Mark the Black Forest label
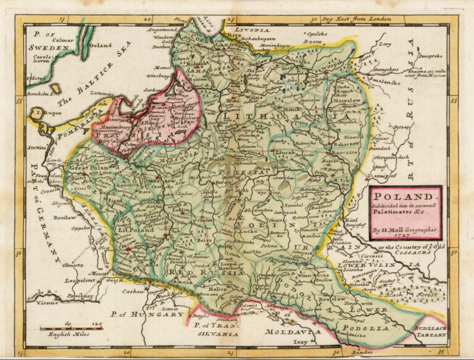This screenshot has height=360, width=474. click(x=418, y=295)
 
